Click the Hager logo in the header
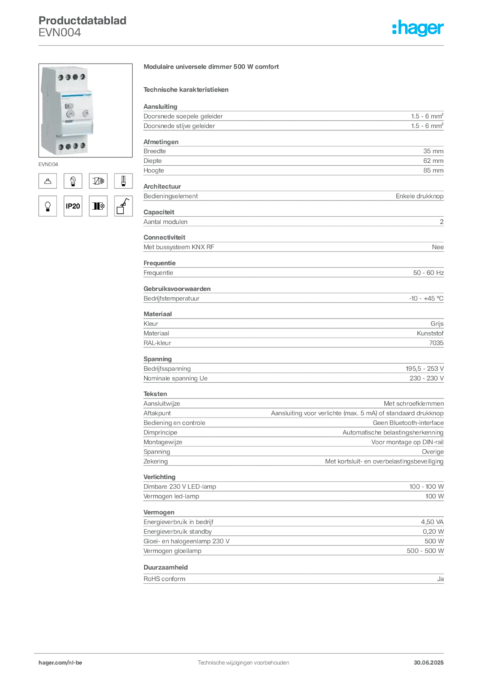click(x=417, y=28)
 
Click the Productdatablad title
click(x=83, y=20)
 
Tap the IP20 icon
click(x=73, y=206)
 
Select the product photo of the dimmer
click(x=85, y=110)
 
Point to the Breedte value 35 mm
click(x=433, y=151)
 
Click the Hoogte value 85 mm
click(x=433, y=170)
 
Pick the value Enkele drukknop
click(x=419, y=195)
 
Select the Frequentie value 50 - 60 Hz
click(x=428, y=273)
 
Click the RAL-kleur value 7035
click(x=436, y=343)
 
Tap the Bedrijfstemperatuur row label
click(x=171, y=298)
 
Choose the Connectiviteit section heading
click(x=164, y=237)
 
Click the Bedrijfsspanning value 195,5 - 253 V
click(x=425, y=368)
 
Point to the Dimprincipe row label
click(x=160, y=432)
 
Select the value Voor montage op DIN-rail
click(x=407, y=442)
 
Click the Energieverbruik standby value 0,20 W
click(x=433, y=531)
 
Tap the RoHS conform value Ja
click(x=440, y=579)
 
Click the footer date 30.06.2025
click(x=428, y=663)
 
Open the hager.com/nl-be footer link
click(x=60, y=663)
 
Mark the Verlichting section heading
click(x=160, y=477)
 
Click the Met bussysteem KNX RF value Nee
click(x=438, y=247)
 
